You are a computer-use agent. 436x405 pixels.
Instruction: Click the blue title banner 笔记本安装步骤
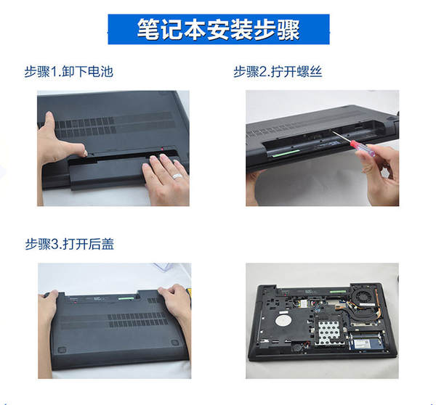tap(219, 29)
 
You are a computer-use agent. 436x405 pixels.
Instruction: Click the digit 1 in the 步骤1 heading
tap(54, 72)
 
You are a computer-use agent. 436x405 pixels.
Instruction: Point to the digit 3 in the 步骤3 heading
tap(54, 245)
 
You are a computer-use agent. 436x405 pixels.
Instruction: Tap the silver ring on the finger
tap(177, 176)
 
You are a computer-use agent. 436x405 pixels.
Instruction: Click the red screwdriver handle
tap(362, 148)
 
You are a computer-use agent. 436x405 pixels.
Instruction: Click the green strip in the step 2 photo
tap(286, 153)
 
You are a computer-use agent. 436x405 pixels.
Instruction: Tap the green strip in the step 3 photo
tap(126, 298)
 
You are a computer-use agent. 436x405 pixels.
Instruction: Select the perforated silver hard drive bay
tap(330, 332)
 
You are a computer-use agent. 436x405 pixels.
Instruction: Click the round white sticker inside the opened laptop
tap(283, 320)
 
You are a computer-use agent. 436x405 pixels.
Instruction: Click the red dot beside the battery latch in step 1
tap(162, 150)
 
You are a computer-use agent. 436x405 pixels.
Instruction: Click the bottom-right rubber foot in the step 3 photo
tap(175, 343)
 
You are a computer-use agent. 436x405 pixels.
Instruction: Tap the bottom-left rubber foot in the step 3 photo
tap(62, 349)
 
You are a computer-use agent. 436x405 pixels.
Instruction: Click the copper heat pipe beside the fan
tap(372, 308)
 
